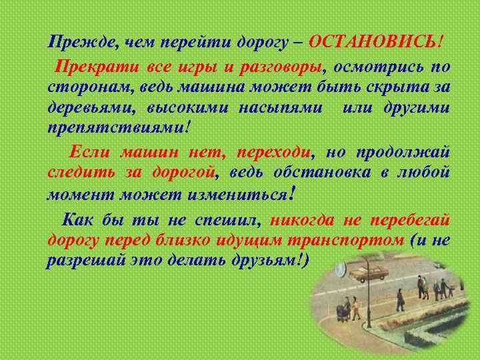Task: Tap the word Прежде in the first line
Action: point(74,42)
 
